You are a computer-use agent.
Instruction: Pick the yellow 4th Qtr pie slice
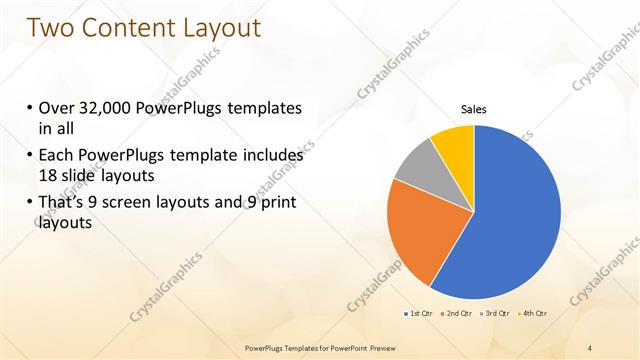point(454,143)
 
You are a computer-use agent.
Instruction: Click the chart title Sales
point(473,110)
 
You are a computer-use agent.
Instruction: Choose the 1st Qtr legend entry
point(419,314)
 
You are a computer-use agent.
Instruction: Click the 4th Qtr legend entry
point(534,314)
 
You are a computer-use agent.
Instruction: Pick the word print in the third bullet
point(277,202)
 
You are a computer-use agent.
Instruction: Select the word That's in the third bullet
point(65,202)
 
